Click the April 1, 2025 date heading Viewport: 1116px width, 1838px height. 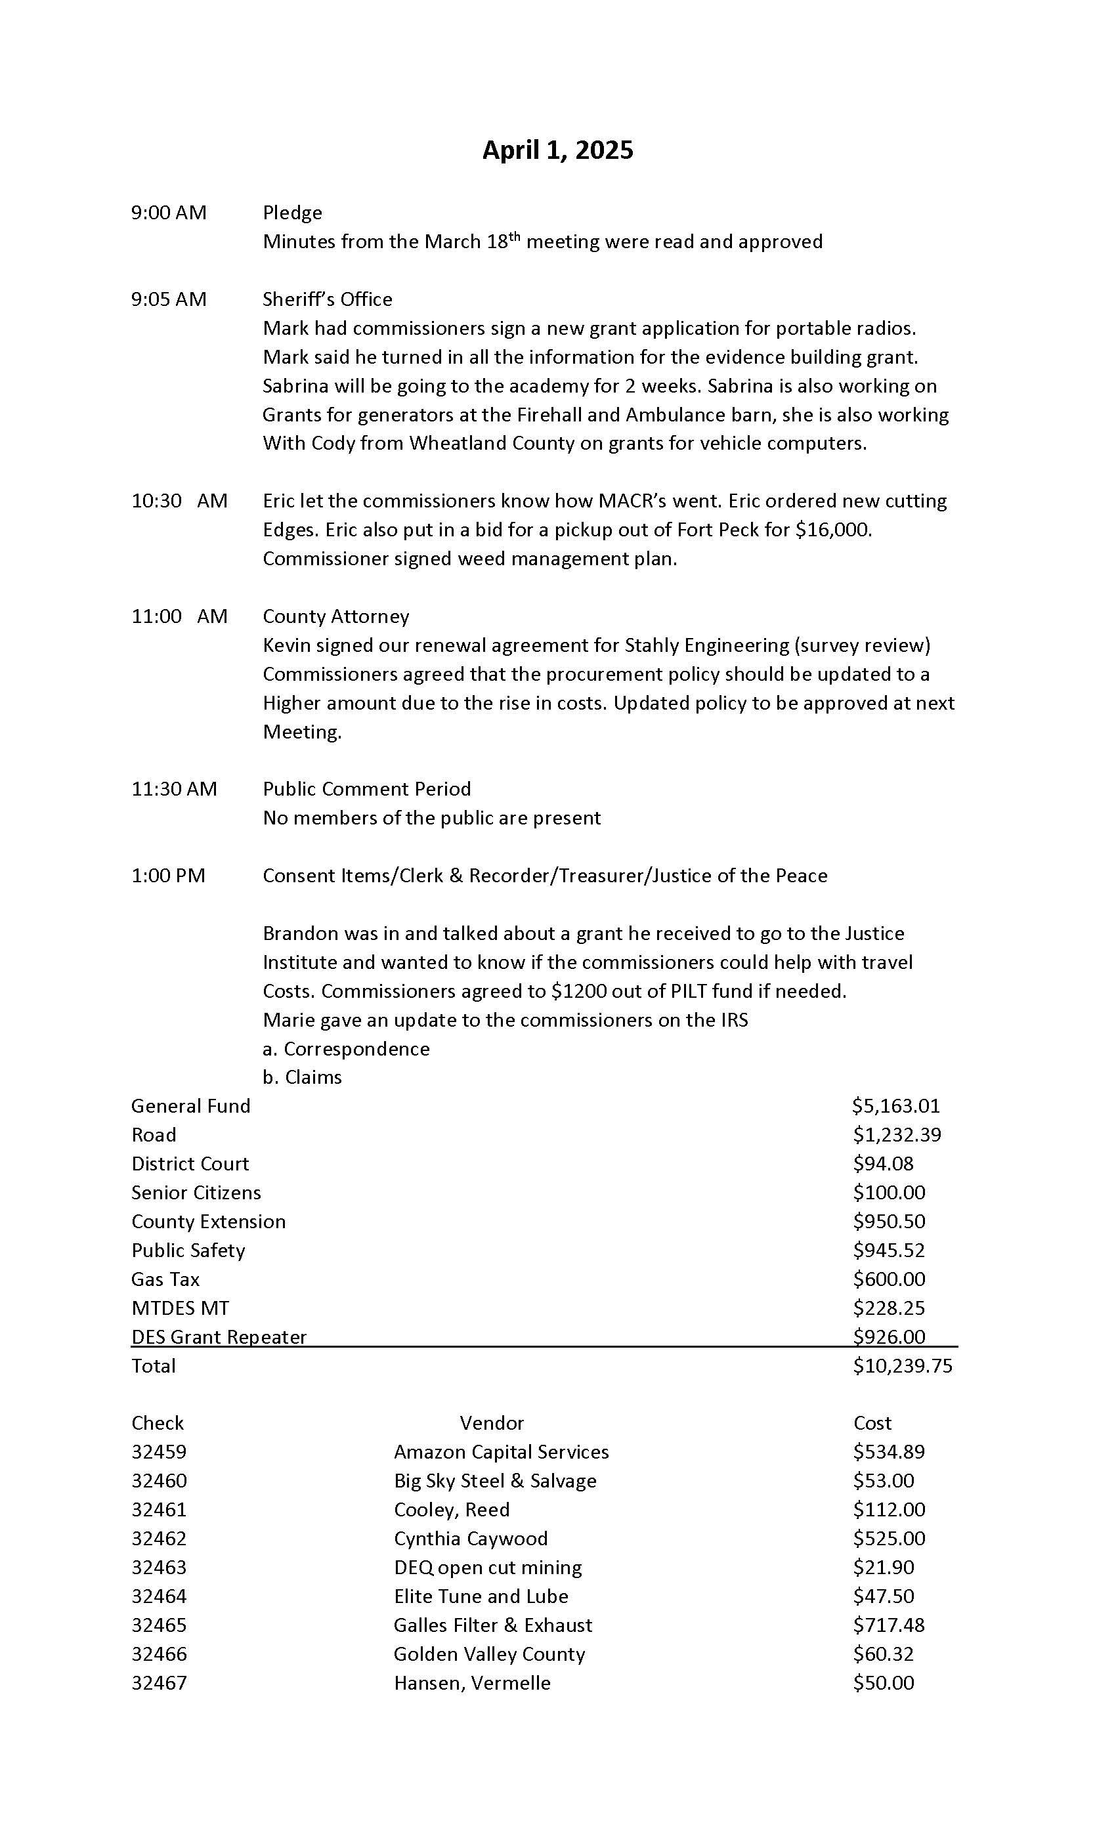tap(557, 150)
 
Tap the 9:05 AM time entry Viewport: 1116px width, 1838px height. tap(169, 299)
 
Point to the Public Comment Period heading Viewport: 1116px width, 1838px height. tap(366, 789)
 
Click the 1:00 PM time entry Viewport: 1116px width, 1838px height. tap(168, 876)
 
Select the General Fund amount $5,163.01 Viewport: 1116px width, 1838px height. tap(895, 1106)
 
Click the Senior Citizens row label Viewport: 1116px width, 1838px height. tap(196, 1193)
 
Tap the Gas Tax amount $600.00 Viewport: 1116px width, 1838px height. tap(888, 1279)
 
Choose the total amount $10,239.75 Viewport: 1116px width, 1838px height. tap(903, 1366)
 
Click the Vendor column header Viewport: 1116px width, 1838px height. tap(492, 1423)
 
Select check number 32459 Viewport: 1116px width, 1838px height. tap(159, 1452)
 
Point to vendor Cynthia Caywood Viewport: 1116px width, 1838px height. tap(471, 1539)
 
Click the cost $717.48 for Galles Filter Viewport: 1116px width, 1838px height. tap(888, 1625)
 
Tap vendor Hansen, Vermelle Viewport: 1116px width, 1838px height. tap(472, 1684)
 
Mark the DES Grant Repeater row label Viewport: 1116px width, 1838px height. tap(219, 1336)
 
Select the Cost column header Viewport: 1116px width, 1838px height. tap(872, 1423)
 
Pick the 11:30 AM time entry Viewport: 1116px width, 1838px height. tap(174, 789)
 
